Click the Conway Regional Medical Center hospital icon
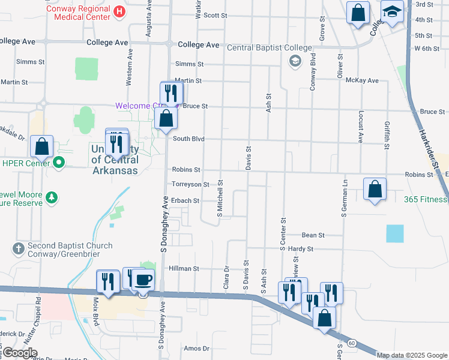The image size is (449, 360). pos(119,11)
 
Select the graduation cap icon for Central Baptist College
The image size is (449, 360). pos(295,61)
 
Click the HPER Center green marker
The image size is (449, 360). pos(59,162)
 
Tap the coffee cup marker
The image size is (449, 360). pos(143,280)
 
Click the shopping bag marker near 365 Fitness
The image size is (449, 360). pos(375,190)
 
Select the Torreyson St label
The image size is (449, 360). pos(190,185)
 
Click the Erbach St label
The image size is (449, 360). pos(185,200)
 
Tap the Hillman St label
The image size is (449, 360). pos(184,269)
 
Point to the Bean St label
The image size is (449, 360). pos(313,236)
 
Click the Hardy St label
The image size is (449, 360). pos(301,248)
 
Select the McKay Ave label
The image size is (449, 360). pos(365,80)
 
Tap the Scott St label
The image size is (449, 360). pos(215,15)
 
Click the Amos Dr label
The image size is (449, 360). pos(196,348)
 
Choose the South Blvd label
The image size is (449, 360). pos(188,139)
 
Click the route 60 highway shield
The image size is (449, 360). pos(351,342)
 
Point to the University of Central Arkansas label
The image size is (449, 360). pos(115,159)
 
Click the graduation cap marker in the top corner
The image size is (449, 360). pos(393,12)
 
